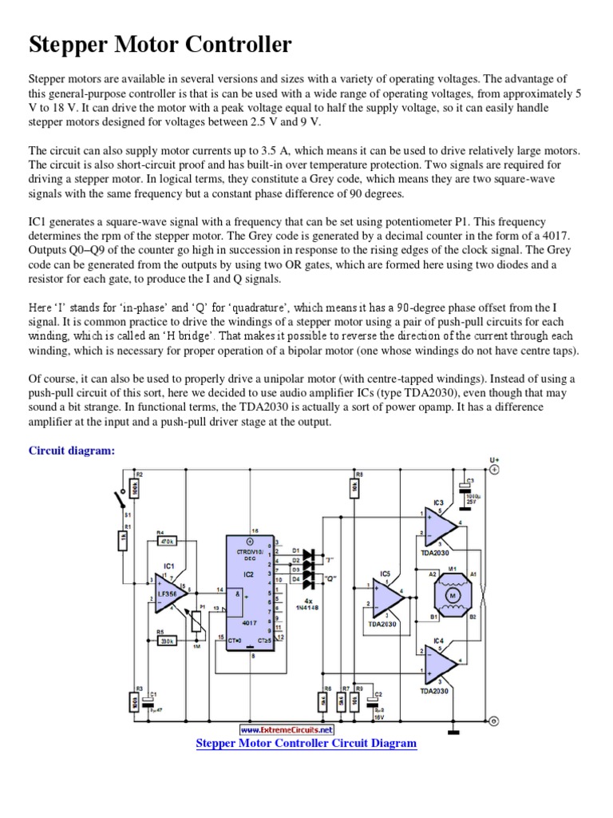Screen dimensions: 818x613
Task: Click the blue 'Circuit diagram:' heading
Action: click(72, 451)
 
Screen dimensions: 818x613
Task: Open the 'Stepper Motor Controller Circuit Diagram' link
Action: click(306, 743)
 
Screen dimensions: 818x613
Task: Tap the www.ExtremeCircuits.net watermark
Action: click(287, 729)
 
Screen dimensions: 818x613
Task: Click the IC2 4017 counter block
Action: click(250, 590)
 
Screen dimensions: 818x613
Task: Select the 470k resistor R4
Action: click(166, 542)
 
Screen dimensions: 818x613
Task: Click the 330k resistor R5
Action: click(166, 641)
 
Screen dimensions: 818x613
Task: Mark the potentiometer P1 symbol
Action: click(196, 621)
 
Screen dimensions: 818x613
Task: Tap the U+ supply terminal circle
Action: click(494, 471)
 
